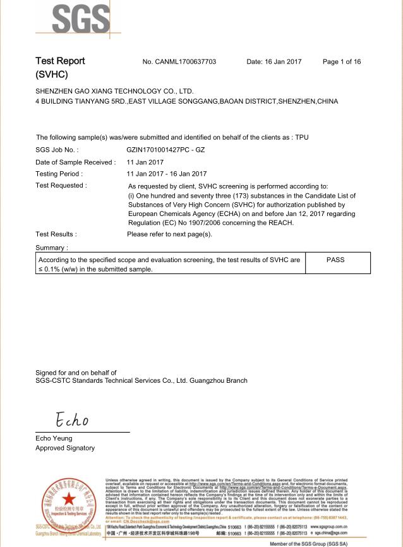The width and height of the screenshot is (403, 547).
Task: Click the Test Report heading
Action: (x=60, y=62)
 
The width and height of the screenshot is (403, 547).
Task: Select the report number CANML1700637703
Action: (x=179, y=62)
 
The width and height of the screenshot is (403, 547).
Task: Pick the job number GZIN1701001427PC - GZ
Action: (x=165, y=150)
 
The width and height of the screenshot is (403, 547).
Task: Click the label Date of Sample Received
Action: (x=76, y=162)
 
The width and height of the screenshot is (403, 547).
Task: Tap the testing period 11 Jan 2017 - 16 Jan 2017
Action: (x=166, y=174)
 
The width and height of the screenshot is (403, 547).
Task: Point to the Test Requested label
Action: (x=61, y=186)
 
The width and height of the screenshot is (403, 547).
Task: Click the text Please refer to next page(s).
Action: (x=170, y=234)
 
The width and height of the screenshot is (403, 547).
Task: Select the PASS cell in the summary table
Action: (x=335, y=260)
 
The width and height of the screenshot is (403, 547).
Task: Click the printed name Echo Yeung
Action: (x=54, y=438)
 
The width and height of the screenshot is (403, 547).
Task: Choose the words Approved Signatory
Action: (x=65, y=448)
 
